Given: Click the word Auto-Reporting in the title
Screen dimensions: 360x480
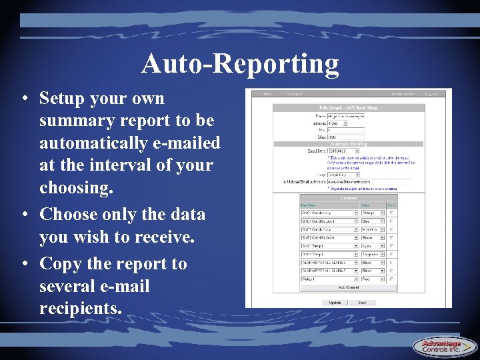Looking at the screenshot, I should (240, 64).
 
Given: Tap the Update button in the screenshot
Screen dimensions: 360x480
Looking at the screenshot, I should (335, 302).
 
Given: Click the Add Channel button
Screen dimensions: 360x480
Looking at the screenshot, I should (349, 287).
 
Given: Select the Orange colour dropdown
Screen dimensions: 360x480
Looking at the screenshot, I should (373, 213).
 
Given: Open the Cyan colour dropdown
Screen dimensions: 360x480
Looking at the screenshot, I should (373, 246).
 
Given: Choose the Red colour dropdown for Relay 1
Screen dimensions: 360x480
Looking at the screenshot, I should (373, 279).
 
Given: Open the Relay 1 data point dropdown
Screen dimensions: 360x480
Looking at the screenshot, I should (329, 279).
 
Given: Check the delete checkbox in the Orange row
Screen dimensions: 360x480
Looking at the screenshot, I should (391, 213).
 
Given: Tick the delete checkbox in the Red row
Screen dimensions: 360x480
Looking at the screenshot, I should (391, 279).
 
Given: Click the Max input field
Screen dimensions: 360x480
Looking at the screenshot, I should (345, 136).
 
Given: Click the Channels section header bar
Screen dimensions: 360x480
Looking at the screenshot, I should (349, 198).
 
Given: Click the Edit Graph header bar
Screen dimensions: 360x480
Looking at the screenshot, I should (349, 108).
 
